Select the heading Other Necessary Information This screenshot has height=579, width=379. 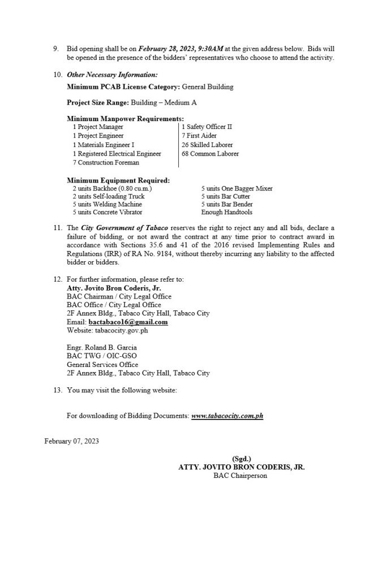(112, 75)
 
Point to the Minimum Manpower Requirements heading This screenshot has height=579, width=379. (124, 119)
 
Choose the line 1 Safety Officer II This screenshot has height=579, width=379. (206, 127)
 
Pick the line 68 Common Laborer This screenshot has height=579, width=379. (210, 154)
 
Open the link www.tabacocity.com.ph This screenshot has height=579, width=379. (227, 416)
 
